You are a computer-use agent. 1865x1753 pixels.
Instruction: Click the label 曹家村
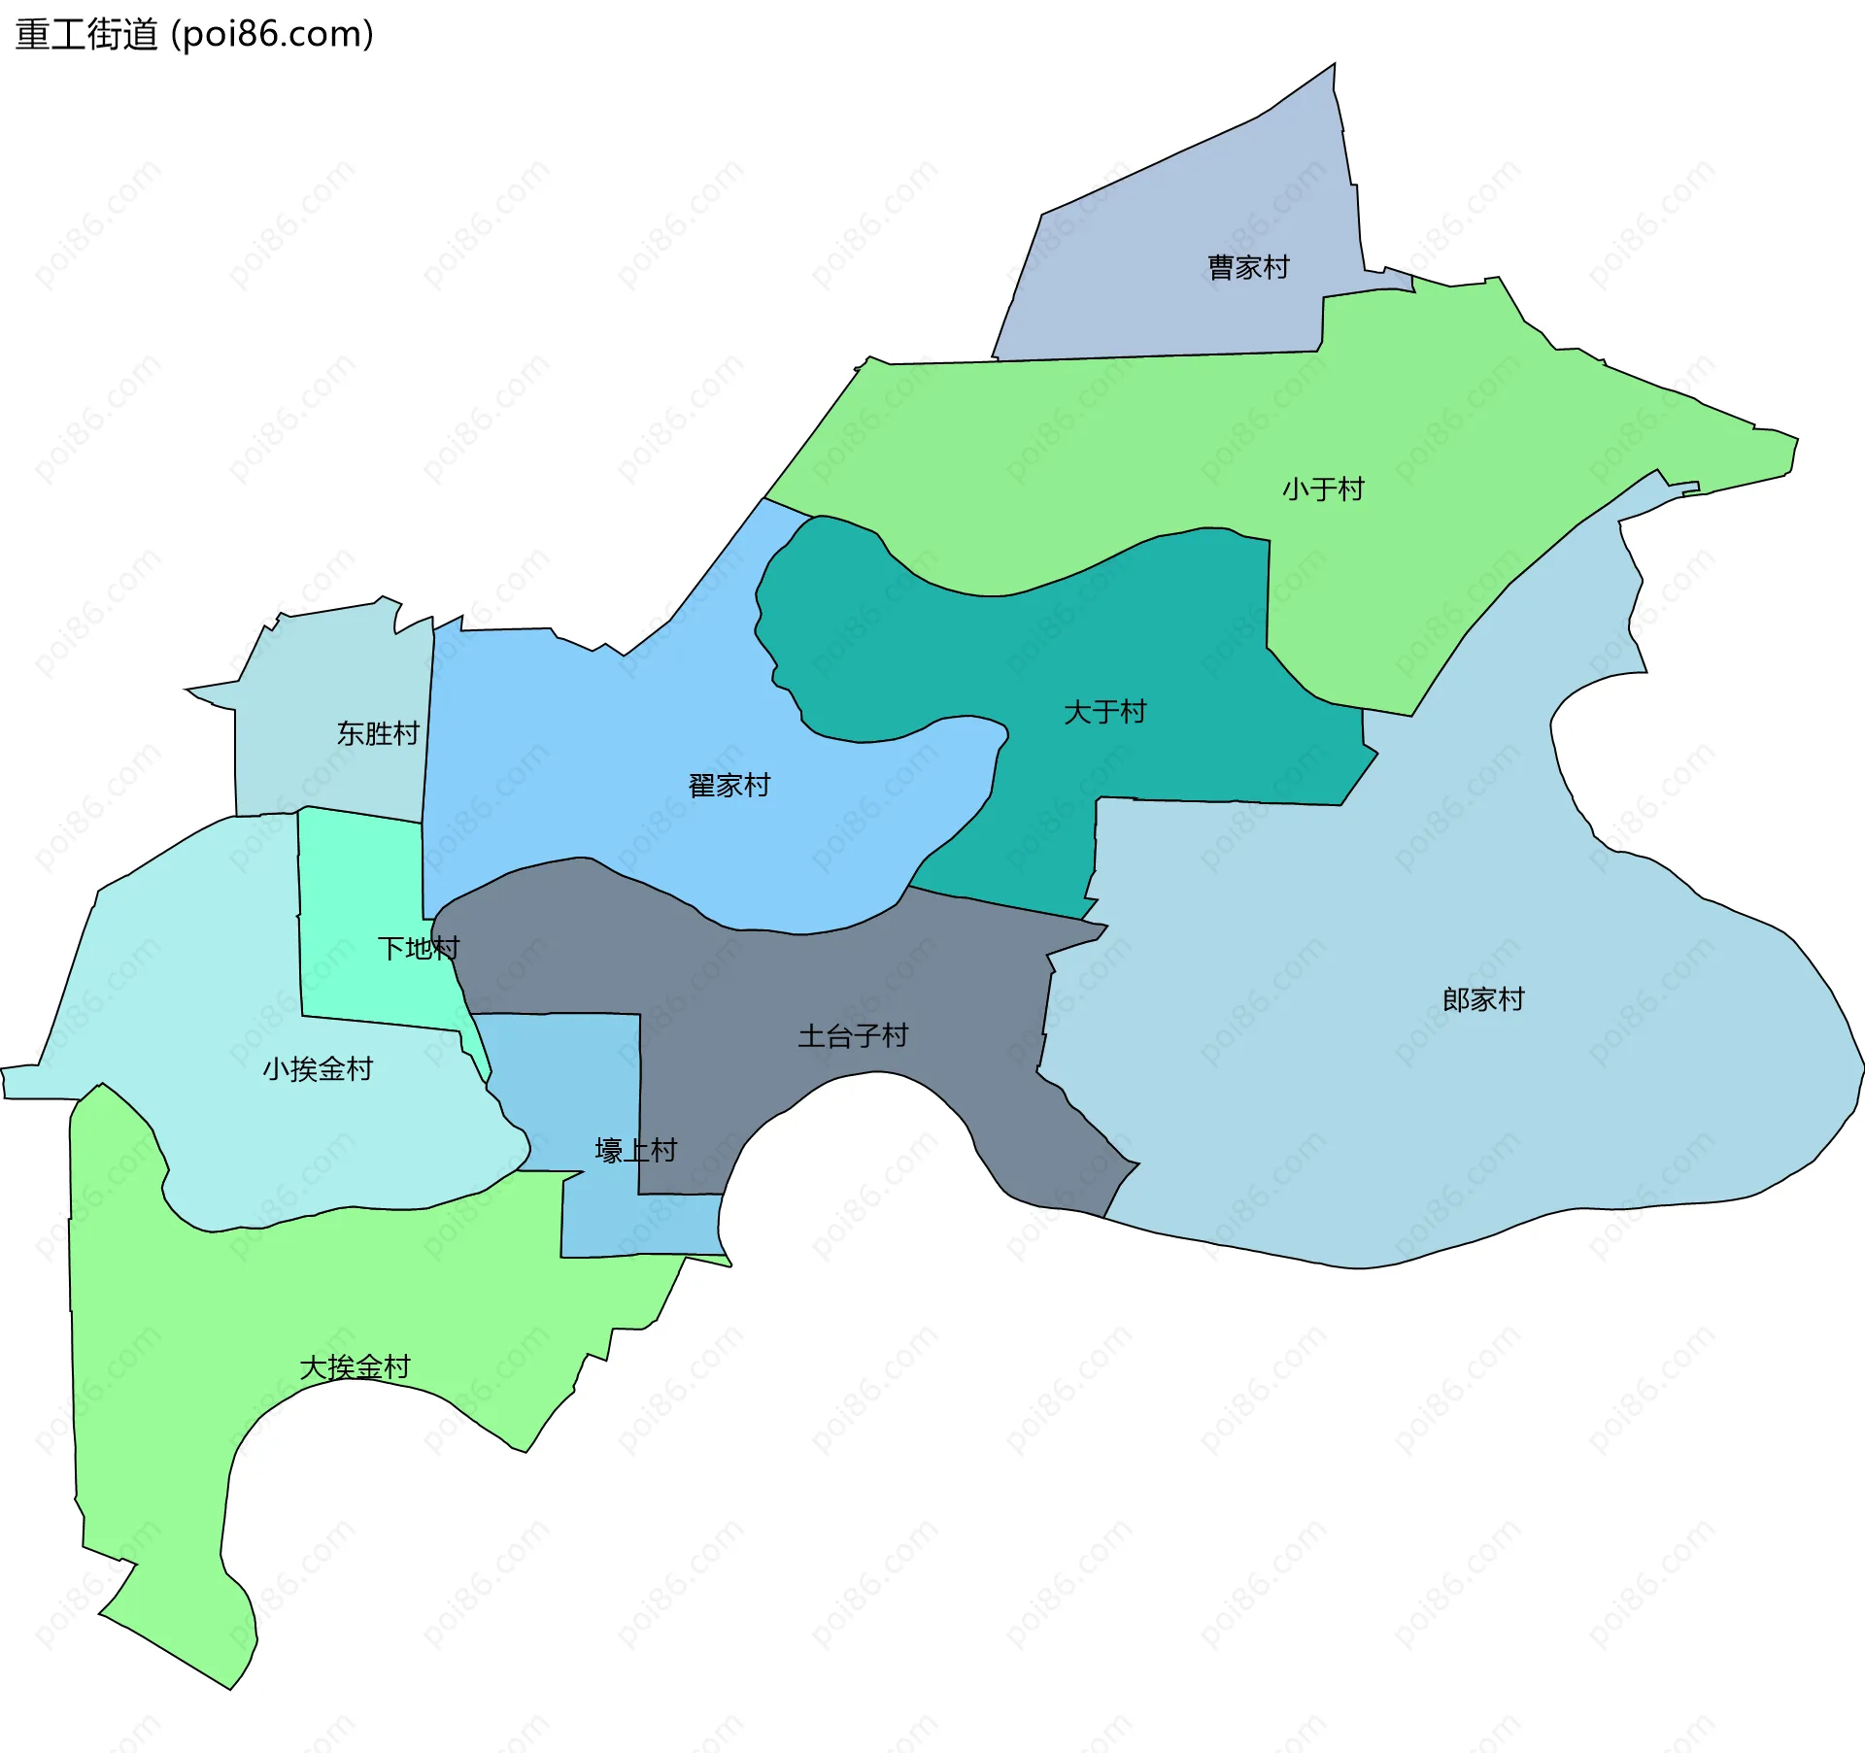(1248, 267)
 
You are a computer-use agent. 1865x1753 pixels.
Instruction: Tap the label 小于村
(1323, 489)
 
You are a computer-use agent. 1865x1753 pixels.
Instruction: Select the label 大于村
(1104, 712)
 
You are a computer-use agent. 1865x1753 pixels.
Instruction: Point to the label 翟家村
(729, 785)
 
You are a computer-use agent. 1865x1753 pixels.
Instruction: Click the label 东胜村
(378, 733)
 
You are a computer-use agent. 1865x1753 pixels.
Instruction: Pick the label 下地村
(418, 948)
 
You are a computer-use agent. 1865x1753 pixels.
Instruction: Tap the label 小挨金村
(318, 1068)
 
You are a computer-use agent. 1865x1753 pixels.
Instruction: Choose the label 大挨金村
(355, 1367)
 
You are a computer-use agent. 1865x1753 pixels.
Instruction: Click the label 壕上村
(635, 1151)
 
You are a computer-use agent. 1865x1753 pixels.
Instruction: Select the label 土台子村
(853, 1036)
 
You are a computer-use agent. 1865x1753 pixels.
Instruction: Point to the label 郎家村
(1483, 999)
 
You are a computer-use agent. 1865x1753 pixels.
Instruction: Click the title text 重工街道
(86, 35)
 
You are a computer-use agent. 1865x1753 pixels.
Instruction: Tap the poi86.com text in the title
(272, 35)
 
